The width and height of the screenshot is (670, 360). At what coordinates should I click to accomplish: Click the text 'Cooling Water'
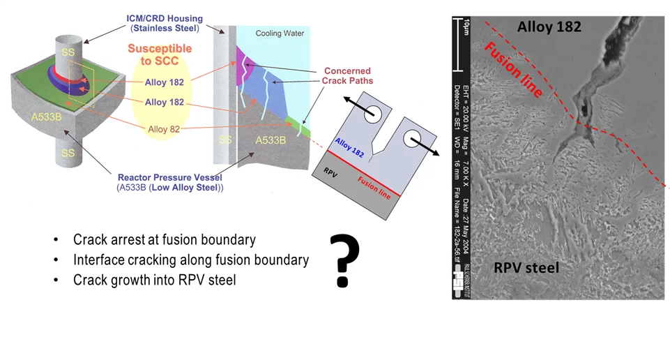click(x=280, y=33)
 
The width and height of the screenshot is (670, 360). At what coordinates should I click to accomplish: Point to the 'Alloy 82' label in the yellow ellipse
click(x=165, y=129)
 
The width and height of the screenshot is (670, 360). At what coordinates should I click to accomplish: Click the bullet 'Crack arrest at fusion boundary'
click(x=164, y=240)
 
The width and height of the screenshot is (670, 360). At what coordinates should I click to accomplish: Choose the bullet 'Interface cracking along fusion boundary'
click(x=190, y=260)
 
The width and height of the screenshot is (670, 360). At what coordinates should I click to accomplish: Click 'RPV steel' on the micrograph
click(x=526, y=267)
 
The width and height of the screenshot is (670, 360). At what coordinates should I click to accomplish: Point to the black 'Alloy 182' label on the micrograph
click(x=549, y=27)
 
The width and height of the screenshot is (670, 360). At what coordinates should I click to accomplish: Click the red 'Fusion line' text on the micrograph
click(x=506, y=68)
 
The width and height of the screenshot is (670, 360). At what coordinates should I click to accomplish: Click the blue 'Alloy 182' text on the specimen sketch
click(x=349, y=149)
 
